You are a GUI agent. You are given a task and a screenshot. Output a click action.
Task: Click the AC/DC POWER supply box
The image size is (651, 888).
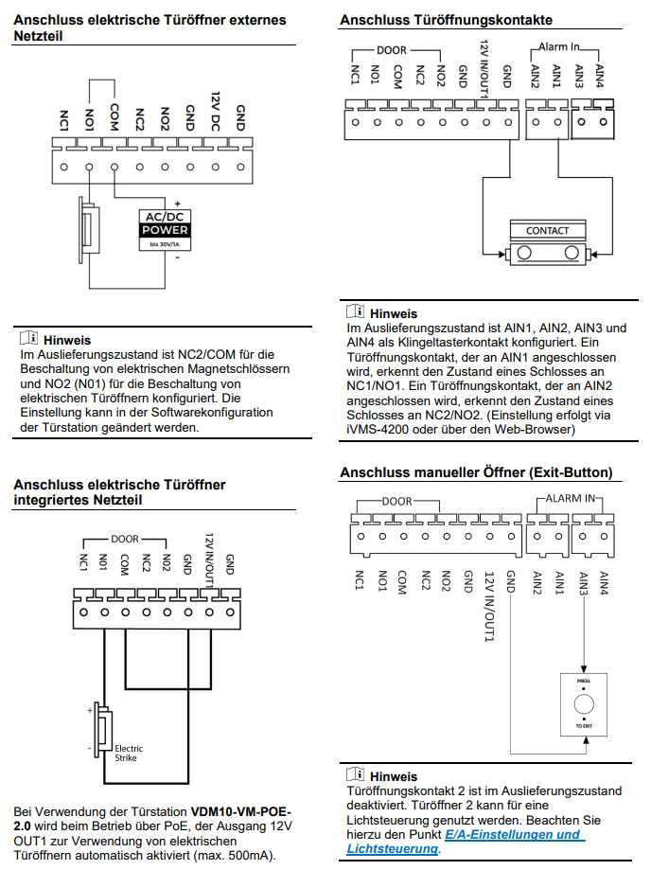(x=165, y=229)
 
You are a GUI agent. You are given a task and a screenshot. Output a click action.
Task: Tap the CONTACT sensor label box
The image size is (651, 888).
(x=547, y=230)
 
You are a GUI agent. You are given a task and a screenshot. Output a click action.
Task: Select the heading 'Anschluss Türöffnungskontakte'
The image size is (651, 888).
(x=447, y=20)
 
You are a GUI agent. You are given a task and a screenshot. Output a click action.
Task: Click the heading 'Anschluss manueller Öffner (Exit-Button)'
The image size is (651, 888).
(x=476, y=472)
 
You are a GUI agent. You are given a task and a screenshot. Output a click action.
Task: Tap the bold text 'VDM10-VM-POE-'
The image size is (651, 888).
(x=241, y=812)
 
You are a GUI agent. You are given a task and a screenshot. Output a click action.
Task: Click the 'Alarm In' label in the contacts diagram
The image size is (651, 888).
(x=558, y=45)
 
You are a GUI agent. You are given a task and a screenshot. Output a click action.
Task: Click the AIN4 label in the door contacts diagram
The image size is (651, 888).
(x=598, y=75)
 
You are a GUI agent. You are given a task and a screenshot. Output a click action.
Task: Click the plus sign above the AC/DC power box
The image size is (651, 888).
(x=177, y=204)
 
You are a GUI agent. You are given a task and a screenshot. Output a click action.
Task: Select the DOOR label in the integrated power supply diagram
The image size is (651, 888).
(x=124, y=539)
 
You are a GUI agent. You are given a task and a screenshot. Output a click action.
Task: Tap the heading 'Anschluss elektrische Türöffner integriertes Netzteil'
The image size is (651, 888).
(x=119, y=491)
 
